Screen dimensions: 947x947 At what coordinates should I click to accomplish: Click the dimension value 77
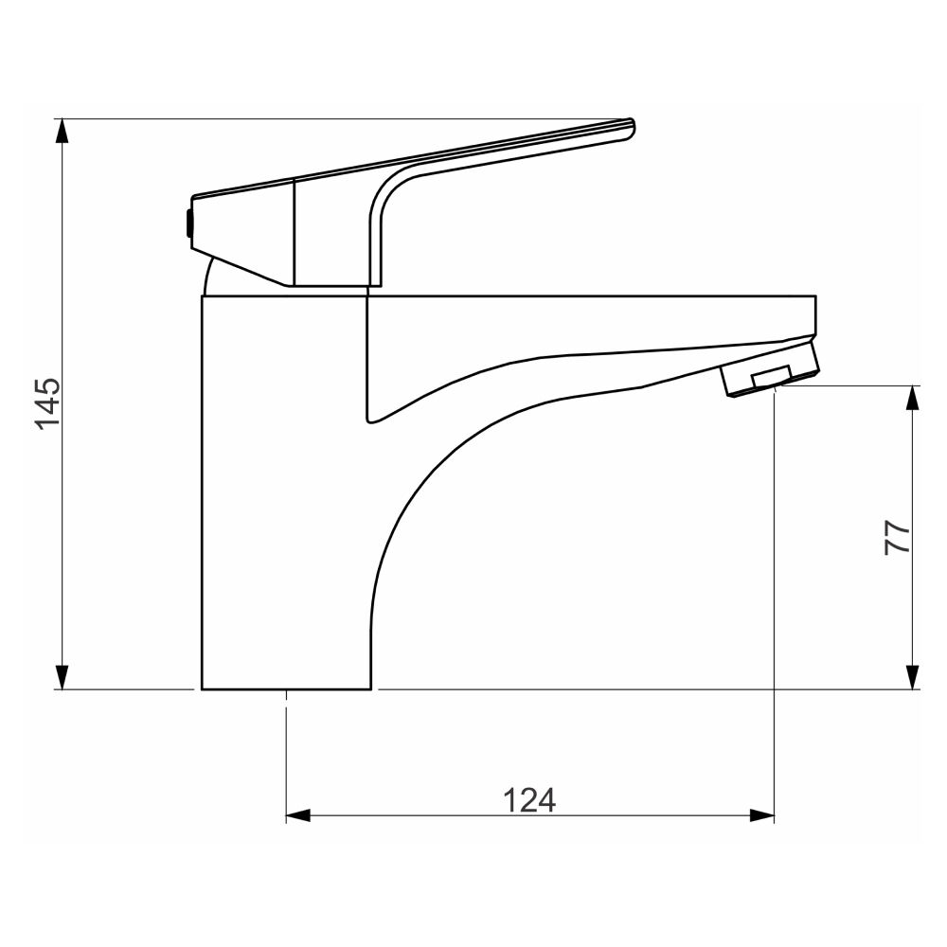897,537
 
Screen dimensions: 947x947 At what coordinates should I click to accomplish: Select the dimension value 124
528,800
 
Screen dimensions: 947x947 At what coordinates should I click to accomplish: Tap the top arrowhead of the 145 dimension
63,131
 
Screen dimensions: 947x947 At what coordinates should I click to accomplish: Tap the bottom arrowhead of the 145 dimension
63,677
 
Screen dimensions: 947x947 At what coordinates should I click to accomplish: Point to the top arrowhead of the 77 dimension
912,398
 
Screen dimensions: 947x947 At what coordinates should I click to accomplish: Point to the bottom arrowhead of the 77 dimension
912,677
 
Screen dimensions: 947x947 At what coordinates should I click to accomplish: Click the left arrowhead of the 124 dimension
298,815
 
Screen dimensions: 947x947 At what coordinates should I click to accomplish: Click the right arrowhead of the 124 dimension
762,815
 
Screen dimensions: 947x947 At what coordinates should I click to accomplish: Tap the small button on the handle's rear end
188,225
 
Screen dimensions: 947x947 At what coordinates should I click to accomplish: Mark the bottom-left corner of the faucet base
203,688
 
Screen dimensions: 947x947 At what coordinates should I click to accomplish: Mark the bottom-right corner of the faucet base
370,688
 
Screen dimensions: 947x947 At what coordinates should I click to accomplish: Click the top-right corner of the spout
814,297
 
